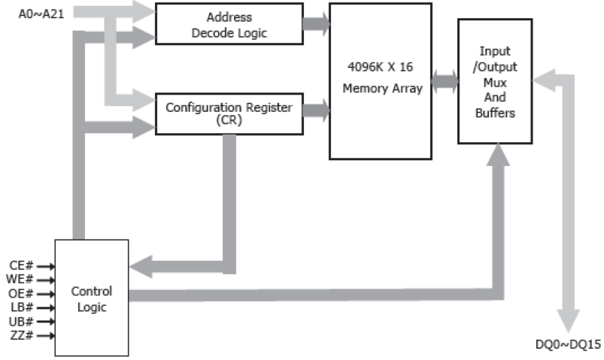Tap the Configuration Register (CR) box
229,113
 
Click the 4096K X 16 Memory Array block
381,80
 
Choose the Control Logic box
91,298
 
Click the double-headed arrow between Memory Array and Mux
445,82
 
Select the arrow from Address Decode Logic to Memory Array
316,24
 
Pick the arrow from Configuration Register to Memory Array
316,113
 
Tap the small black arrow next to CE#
44,265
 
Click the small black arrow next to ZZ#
44,335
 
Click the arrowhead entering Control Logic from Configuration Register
141,265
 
